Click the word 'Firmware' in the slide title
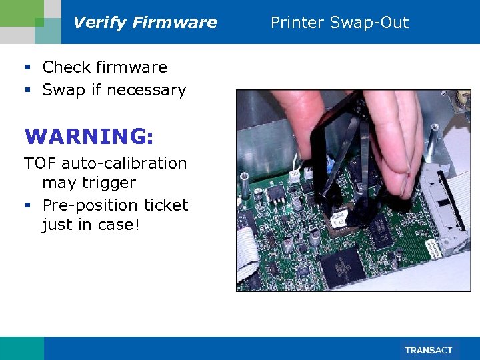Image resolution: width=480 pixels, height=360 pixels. (x=175, y=23)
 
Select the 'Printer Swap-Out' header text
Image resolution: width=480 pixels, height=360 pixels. (x=339, y=23)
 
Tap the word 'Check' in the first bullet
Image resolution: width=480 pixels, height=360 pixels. (x=67, y=67)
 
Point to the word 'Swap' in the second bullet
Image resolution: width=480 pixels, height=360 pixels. (x=63, y=90)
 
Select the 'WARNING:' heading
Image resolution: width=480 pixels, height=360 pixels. (x=89, y=136)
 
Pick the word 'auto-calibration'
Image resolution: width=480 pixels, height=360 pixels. (x=124, y=163)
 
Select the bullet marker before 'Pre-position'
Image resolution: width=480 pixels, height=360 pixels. (x=27, y=205)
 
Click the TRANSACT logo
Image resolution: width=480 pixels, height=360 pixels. (x=429, y=350)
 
